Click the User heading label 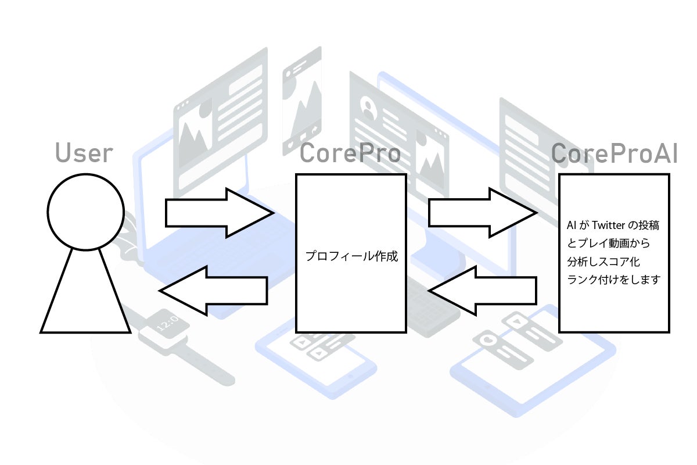(x=84, y=153)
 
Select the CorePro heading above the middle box (x=350, y=153)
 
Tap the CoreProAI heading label (x=614, y=153)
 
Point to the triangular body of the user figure (x=85, y=296)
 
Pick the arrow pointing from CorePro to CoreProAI (x=482, y=213)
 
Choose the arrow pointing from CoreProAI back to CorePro (x=482, y=291)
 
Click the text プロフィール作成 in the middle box (x=351, y=256)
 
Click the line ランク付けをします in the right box (x=613, y=280)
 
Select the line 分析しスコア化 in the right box (x=603, y=261)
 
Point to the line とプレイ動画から (x=608, y=242)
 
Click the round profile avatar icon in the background (x=368, y=106)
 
